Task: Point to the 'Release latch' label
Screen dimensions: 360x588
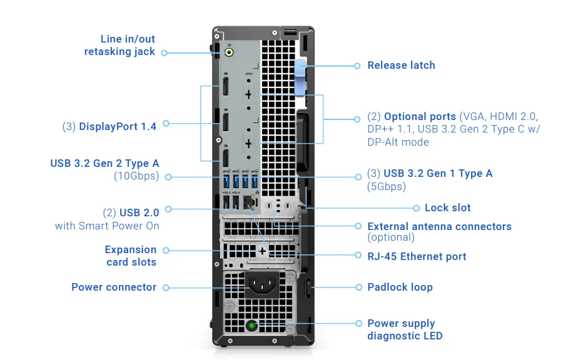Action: (401, 65)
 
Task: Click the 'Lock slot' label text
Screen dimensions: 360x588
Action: (447, 207)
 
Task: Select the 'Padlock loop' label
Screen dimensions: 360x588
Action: (400, 287)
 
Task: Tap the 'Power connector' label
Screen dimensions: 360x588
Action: (114, 287)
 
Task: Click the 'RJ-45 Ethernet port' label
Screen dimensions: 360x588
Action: (417, 256)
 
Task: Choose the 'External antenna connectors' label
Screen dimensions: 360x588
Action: (439, 226)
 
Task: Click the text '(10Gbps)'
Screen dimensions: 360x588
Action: (136, 176)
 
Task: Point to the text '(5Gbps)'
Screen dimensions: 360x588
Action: (386, 186)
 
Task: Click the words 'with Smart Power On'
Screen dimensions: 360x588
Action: (107, 226)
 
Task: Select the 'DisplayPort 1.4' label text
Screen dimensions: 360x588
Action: (118, 126)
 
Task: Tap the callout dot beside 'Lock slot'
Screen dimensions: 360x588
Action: (417, 207)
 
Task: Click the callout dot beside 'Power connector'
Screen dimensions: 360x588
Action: (166, 287)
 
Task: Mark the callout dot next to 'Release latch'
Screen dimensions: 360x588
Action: (357, 66)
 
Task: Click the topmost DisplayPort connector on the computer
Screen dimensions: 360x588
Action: (225, 86)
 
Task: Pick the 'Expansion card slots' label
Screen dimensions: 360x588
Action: (131, 256)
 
